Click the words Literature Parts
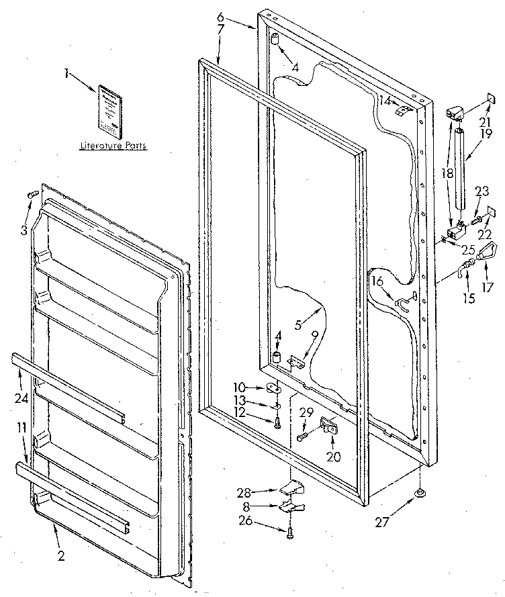click(x=113, y=145)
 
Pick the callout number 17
click(x=488, y=287)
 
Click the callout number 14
click(x=385, y=101)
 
